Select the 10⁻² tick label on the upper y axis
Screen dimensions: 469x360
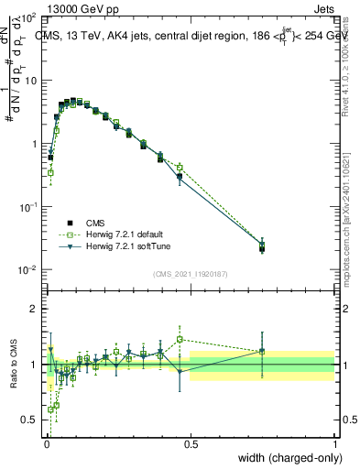pos(27,269)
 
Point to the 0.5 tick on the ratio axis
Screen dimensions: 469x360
pos(30,420)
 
